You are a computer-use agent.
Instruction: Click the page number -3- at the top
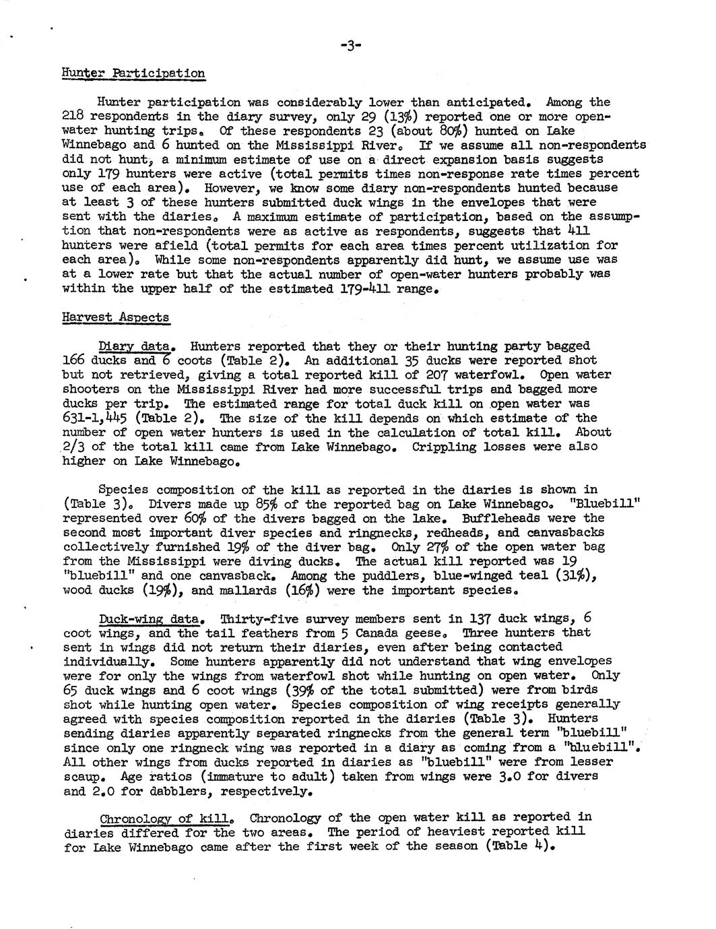350,45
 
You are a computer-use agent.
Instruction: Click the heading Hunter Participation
133,73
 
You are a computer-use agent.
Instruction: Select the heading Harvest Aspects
115,317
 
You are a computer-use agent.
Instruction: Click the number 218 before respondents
72,116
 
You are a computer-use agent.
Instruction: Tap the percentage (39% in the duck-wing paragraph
306,691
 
